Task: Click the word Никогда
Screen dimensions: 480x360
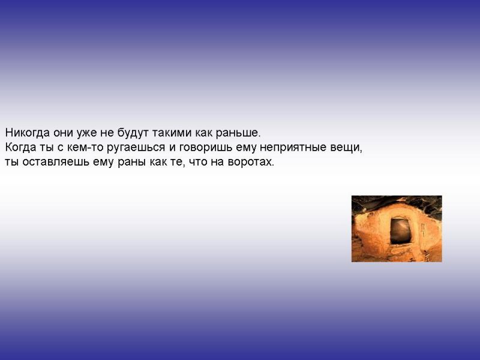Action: [x=27, y=133]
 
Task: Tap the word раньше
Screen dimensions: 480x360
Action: [x=238, y=133]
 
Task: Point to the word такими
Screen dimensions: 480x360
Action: [x=172, y=133]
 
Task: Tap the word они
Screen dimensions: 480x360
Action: [x=63, y=133]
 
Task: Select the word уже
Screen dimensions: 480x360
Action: [x=86, y=133]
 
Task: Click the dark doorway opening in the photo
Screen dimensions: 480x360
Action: [x=400, y=231]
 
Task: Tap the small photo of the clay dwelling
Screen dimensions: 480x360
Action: [x=397, y=229]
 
